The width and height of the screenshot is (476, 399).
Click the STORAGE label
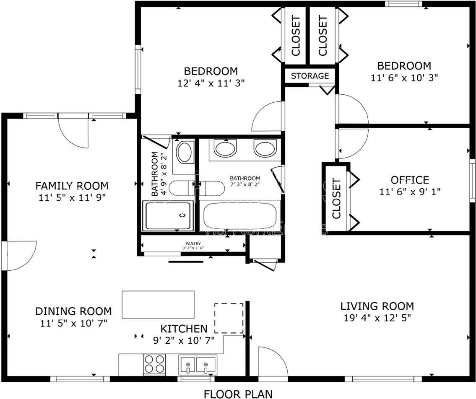[x=310, y=76]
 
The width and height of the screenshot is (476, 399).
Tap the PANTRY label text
[x=193, y=244]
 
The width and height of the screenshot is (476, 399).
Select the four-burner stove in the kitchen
[x=154, y=364]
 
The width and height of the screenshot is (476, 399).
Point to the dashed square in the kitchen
[x=229, y=318]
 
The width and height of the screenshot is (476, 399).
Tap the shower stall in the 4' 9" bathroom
[x=169, y=215]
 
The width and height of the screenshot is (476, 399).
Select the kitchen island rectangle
[x=158, y=304]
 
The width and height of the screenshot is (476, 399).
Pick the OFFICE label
[x=410, y=180]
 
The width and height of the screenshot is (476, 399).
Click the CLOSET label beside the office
[x=336, y=199]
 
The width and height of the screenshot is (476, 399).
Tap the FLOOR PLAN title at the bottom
[x=238, y=394]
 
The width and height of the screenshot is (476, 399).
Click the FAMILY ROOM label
[x=72, y=186]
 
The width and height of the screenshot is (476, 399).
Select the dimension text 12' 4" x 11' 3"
[x=211, y=83]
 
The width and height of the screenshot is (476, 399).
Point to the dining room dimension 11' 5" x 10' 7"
[x=73, y=323]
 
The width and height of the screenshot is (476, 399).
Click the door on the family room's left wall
[x=19, y=255]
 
